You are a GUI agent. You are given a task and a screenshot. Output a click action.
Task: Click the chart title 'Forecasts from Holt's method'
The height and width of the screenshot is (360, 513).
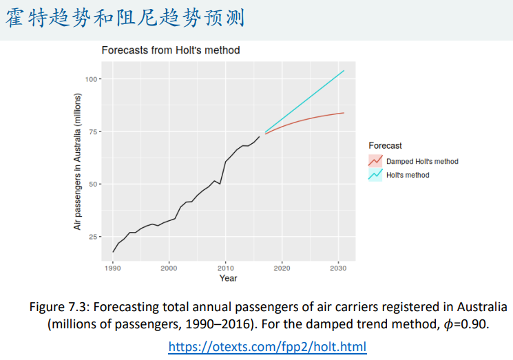coord(170,50)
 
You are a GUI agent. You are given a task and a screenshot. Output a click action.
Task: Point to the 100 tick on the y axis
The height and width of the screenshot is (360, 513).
coord(92,79)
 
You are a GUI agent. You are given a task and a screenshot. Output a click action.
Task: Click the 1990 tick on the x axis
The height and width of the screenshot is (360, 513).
coord(113,266)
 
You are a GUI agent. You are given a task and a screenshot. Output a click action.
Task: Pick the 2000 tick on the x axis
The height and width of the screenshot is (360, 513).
coord(169,266)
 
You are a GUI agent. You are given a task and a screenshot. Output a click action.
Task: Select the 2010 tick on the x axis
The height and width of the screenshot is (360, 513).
coord(225,266)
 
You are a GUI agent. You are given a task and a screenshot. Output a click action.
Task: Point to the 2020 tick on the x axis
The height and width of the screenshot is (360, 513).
coord(282,266)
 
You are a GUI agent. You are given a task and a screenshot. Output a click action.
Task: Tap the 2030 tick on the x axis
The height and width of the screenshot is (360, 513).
coord(337,266)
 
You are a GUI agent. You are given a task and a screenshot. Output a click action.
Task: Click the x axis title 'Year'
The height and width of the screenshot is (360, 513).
coord(228,278)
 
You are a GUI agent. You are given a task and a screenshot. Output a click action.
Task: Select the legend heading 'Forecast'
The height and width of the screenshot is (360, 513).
coord(386,146)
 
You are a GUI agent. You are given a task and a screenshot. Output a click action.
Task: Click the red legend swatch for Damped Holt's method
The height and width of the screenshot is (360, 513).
coord(375,161)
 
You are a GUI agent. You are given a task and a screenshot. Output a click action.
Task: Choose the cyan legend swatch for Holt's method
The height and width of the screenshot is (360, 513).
coord(375,175)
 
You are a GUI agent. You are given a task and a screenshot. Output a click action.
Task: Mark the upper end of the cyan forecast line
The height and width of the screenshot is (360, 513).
coord(344,70)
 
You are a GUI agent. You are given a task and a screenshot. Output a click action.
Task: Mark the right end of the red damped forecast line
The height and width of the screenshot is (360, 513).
coord(344,113)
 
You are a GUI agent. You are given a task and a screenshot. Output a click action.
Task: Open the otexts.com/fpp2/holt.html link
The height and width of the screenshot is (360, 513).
coord(267,346)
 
